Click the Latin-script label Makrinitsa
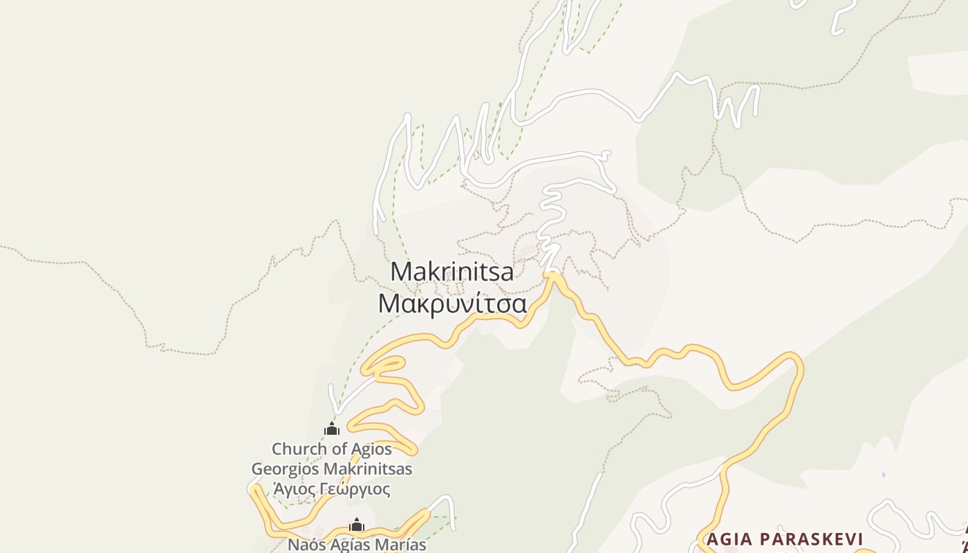[x=452, y=272]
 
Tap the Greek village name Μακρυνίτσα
[x=452, y=303]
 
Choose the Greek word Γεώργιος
[x=355, y=489]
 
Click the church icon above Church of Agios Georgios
[x=332, y=429]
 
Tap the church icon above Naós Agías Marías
[x=357, y=525]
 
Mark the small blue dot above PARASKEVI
[x=883, y=476]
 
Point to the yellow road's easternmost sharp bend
[x=799, y=362]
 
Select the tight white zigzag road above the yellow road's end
[x=550, y=221]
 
